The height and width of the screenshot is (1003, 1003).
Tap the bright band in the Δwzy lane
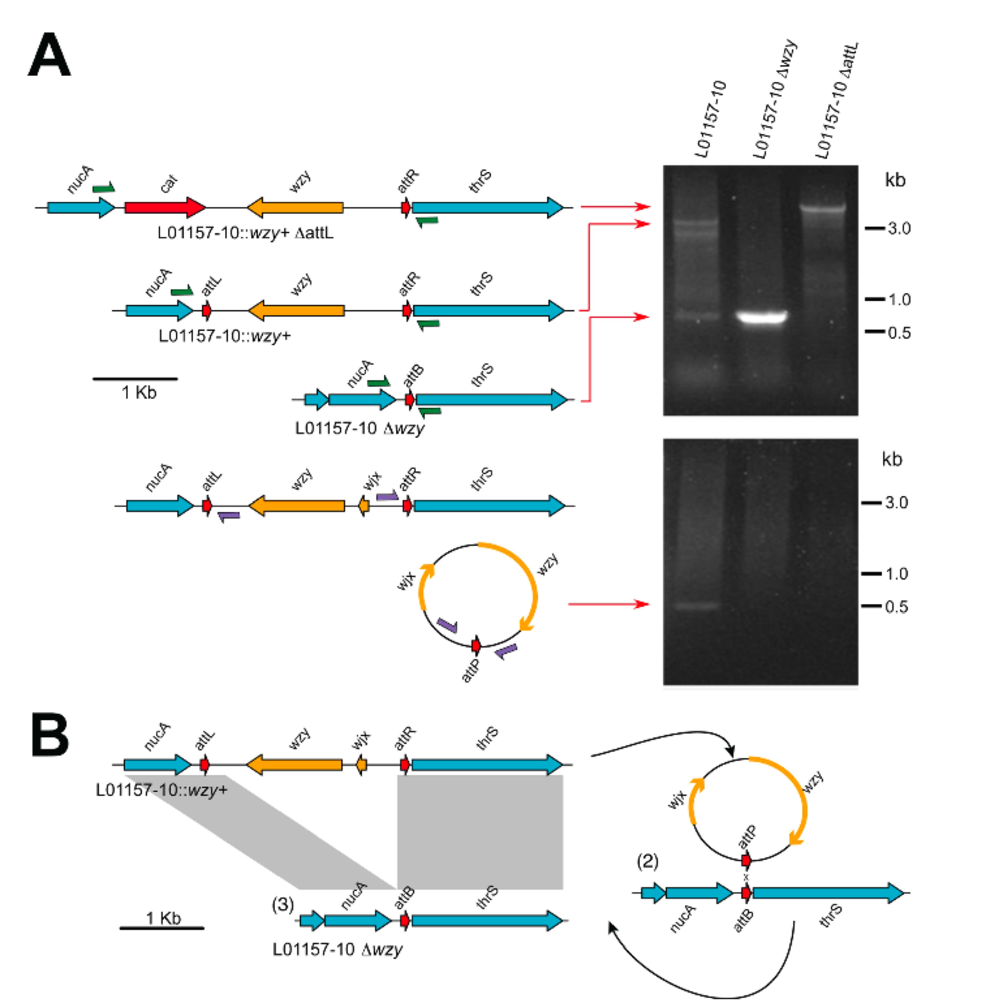[x=763, y=317]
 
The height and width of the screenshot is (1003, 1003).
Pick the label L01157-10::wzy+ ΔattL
[x=245, y=233]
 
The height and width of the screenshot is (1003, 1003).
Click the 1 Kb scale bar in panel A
[x=135, y=379]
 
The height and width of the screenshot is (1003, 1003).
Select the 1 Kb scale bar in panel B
[x=162, y=928]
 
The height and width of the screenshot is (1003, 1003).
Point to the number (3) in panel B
[x=283, y=905]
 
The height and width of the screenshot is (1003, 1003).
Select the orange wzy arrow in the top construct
[x=295, y=208]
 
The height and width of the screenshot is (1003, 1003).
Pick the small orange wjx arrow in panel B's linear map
[x=361, y=765]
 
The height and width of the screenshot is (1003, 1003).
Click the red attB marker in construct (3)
[x=405, y=921]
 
